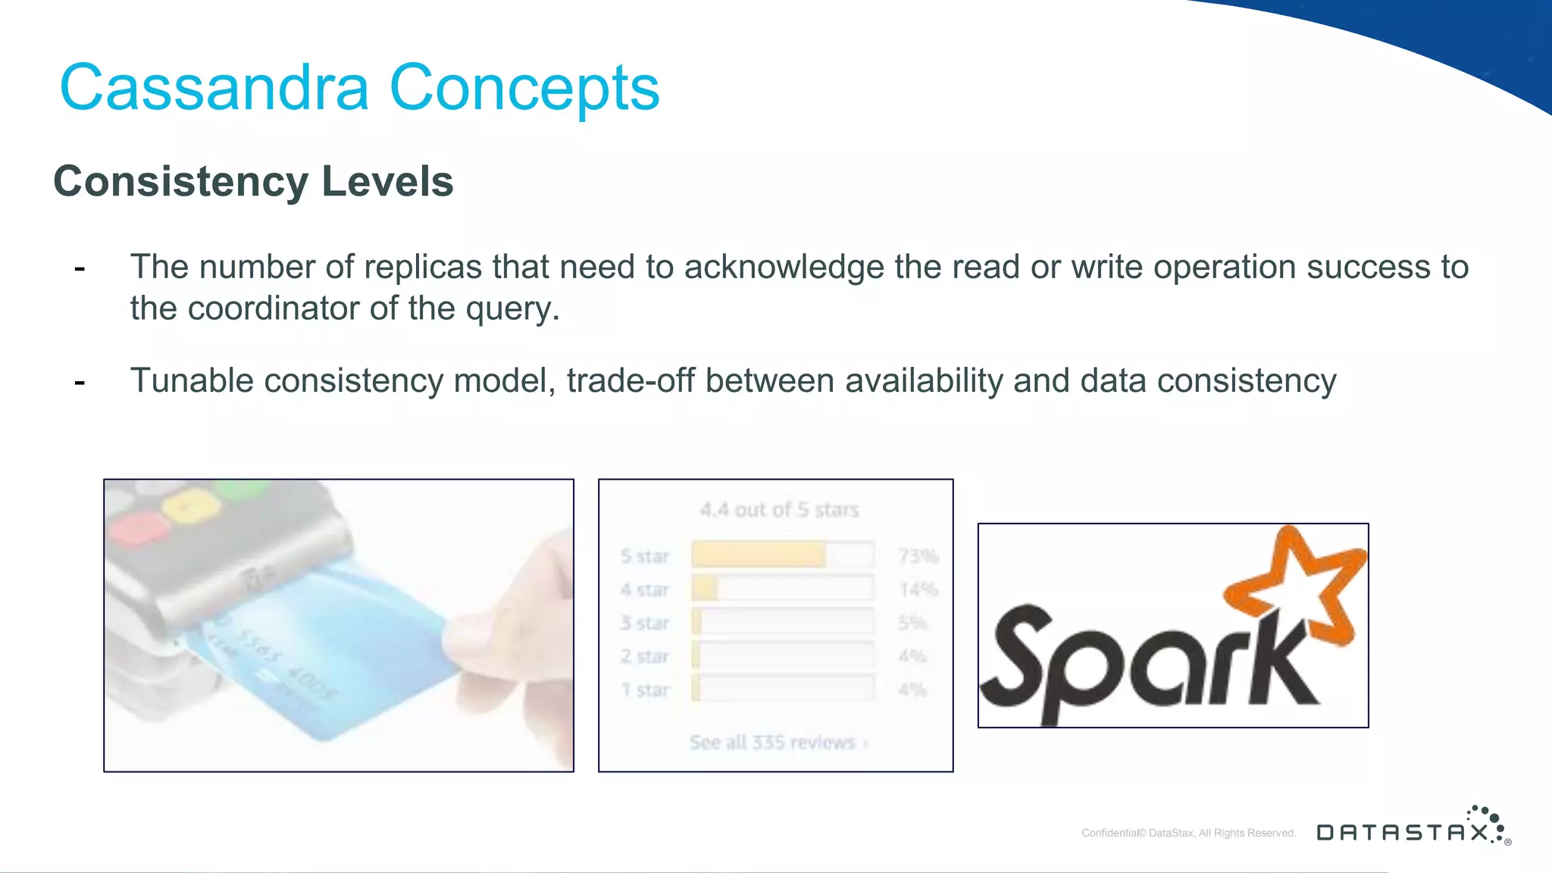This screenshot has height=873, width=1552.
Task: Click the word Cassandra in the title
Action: click(x=214, y=88)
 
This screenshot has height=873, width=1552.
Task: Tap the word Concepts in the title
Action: click(x=524, y=88)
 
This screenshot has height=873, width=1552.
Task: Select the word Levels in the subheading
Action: click(x=387, y=182)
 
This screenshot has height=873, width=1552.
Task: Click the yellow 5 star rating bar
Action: click(x=758, y=555)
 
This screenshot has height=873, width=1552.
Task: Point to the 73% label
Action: click(x=918, y=556)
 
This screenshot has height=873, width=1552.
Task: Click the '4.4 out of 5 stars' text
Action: click(x=779, y=510)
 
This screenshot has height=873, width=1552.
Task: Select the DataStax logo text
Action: click(x=1403, y=833)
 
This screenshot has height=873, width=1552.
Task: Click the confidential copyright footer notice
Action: click(x=1188, y=833)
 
